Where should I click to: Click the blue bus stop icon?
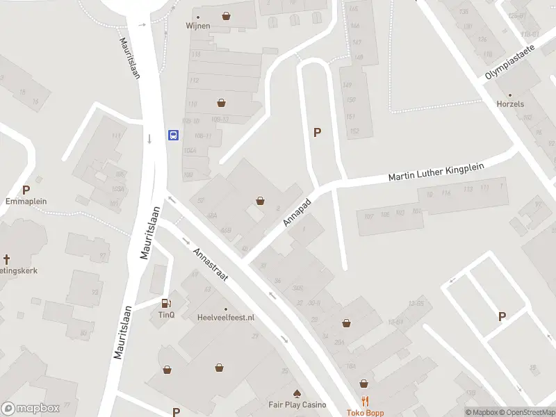(173, 135)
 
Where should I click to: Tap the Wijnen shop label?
(198, 26)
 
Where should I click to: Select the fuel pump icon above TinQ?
(165, 302)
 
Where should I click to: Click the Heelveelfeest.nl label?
(226, 317)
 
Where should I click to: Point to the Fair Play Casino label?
(297, 404)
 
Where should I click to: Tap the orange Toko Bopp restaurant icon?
(365, 402)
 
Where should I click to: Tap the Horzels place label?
(510, 104)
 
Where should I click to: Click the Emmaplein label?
(26, 202)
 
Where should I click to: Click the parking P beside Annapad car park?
(318, 133)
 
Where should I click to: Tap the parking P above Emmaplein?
(26, 190)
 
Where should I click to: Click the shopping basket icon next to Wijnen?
(226, 15)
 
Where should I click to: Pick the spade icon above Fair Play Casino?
(297, 393)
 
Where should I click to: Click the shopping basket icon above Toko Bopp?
(363, 383)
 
